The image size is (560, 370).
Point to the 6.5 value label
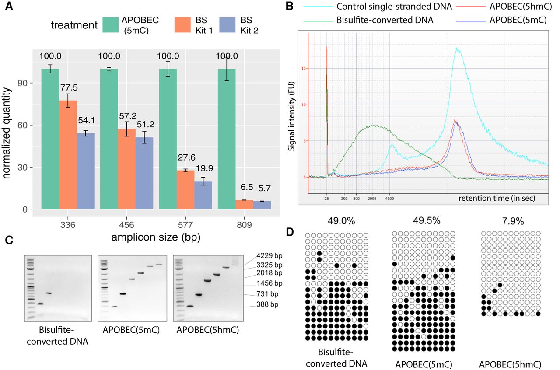tap(244, 188)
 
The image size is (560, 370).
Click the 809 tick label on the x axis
tap(244, 223)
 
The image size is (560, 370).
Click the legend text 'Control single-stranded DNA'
tap(394, 7)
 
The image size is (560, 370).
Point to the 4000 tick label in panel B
tap(390, 198)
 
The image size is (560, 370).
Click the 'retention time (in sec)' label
tap(497, 198)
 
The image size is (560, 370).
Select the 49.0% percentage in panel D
tap(336, 221)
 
